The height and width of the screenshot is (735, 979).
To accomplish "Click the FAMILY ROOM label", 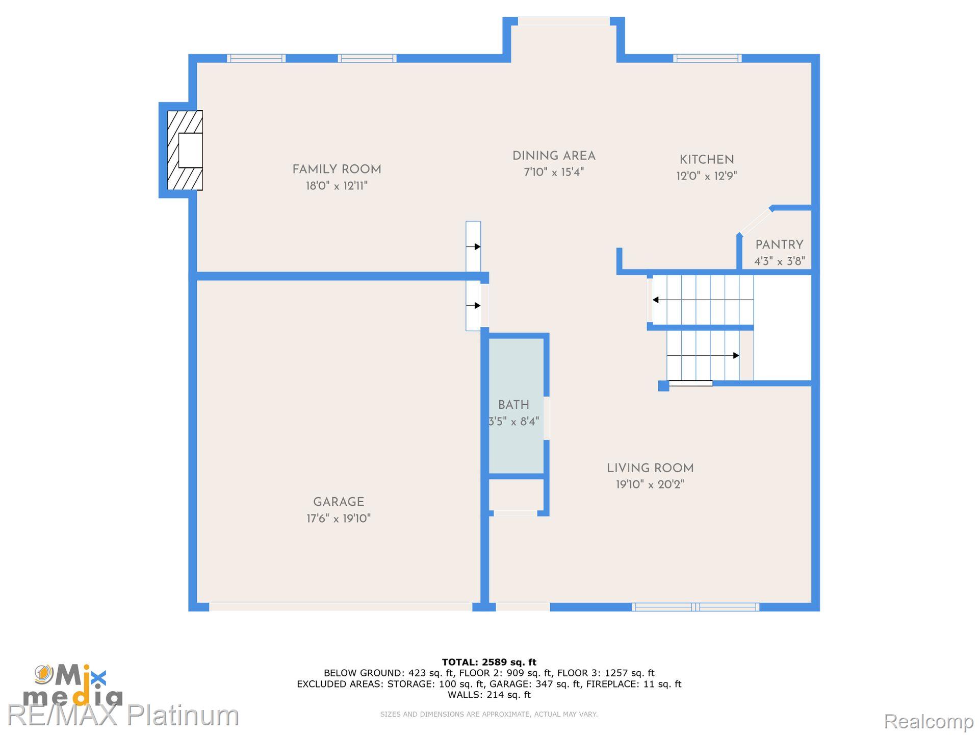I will pos(337,169).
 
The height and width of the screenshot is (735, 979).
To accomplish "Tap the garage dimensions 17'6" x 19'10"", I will pos(339,519).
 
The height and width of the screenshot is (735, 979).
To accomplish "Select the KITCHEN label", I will pos(707,160).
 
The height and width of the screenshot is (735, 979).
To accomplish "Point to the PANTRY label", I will pos(779,245).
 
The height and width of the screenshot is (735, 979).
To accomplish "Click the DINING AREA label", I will pos(554,156).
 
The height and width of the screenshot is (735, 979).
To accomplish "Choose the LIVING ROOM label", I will pos(650,469).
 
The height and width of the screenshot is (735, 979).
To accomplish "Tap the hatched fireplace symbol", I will pos(185,151).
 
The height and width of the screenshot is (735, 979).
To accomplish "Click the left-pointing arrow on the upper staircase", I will pos(657,300).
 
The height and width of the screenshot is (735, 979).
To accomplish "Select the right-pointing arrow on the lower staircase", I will pos(735,355).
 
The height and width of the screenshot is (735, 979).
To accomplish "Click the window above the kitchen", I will pos(707,58).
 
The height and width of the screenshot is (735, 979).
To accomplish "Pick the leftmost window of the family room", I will pos(256,58).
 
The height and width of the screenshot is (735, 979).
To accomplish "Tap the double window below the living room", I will pos(695,607).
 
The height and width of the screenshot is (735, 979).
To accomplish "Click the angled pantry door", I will pos(755,221).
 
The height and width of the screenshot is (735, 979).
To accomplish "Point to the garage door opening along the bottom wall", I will pos(341,607).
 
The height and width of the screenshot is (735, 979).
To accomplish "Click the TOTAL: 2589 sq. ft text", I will pos(489,663).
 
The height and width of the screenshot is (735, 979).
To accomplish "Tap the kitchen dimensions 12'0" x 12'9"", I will pos(707,176).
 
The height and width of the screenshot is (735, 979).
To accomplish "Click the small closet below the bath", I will pos(516,495).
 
